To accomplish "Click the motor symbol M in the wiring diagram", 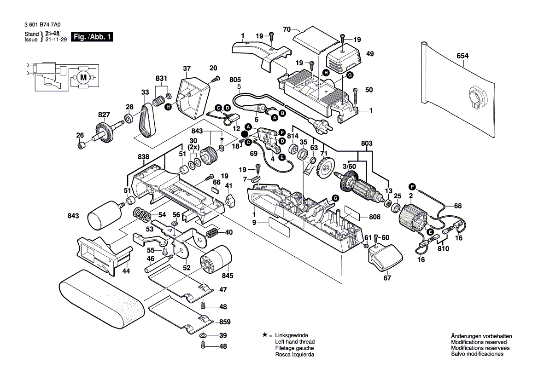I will pyautogui.click(x=83, y=78).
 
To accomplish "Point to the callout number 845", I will pyautogui.click(x=228, y=276).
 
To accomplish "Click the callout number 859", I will pyautogui.click(x=224, y=322).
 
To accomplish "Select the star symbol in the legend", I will pyautogui.click(x=264, y=335).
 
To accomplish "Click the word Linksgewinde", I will pyautogui.click(x=292, y=336).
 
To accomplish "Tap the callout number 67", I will pyautogui.click(x=387, y=278).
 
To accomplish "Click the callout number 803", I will pyautogui.click(x=366, y=144).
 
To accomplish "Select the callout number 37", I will pyautogui.click(x=186, y=69).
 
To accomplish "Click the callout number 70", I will pyautogui.click(x=287, y=30).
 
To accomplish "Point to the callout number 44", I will pyautogui.click(x=126, y=271).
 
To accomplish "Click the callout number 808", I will pyautogui.click(x=374, y=217).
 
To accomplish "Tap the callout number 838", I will pyautogui.click(x=143, y=157).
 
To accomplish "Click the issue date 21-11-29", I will pyautogui.click(x=56, y=40).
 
